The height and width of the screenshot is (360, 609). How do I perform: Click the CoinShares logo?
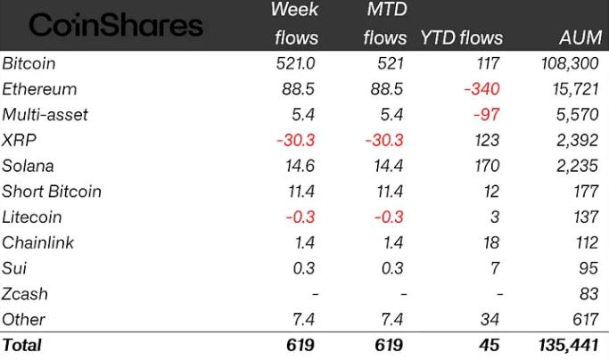pos(116,25)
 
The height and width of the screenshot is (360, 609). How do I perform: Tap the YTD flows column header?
pos(461,38)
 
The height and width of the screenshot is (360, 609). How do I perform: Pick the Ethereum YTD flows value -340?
pos(481,89)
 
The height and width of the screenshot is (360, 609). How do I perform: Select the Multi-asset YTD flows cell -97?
pos(488,115)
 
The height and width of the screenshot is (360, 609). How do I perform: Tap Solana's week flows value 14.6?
pos(292,166)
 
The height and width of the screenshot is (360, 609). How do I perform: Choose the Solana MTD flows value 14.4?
pos(384,166)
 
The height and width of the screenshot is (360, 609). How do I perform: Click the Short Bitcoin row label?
pos(51,192)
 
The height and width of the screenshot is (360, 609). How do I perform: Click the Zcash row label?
pos(25,293)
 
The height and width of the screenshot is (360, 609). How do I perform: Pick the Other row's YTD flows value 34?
pos(490,319)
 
